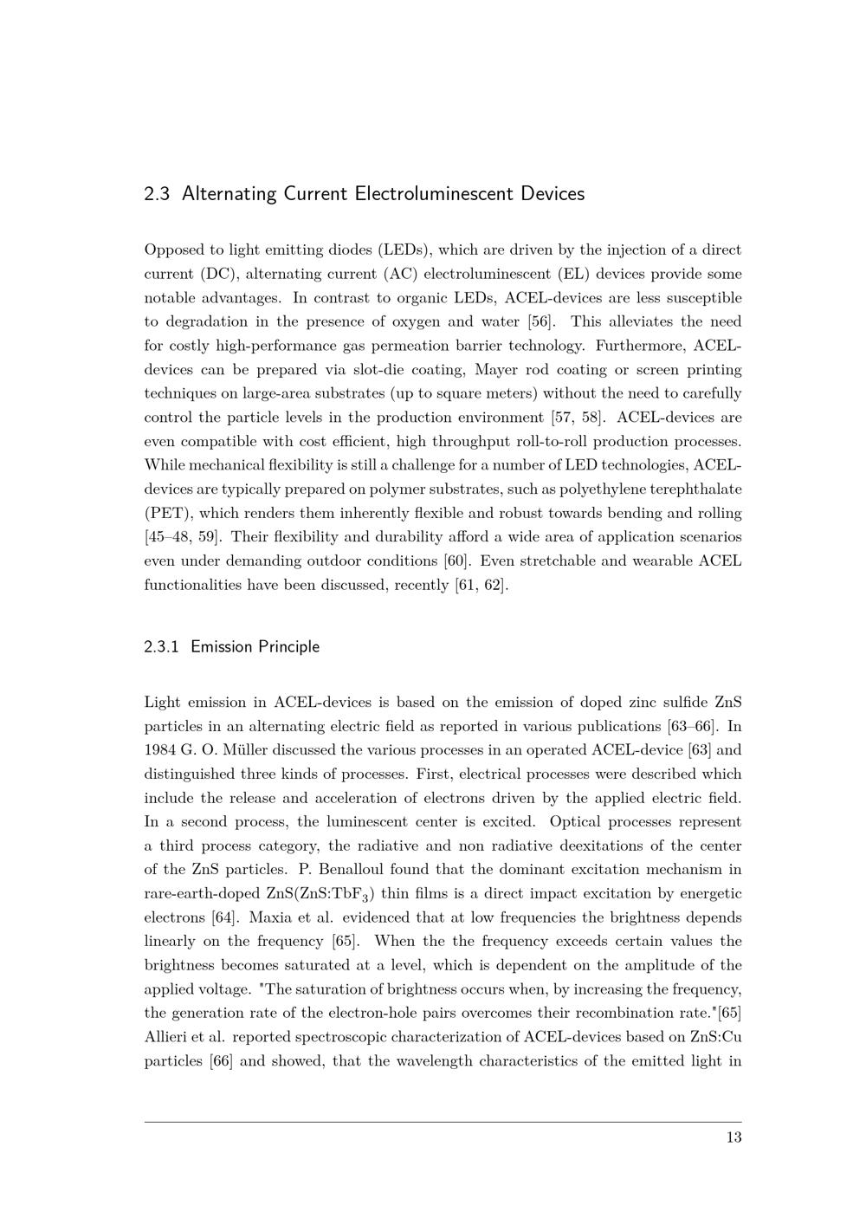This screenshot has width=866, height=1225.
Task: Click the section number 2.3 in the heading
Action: pos(156,194)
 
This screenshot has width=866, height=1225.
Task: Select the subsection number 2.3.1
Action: pos(161,647)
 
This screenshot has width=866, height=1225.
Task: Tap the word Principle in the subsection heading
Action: pos(289,647)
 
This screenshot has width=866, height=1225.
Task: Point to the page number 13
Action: pos(734,1137)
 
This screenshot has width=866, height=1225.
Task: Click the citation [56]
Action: pos(541,322)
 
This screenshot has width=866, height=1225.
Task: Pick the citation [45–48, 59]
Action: pos(181,537)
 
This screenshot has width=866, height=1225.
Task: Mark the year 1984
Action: pos(160,750)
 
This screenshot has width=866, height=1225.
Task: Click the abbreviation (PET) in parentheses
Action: pos(166,514)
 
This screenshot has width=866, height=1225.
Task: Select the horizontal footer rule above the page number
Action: pos(443,1122)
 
